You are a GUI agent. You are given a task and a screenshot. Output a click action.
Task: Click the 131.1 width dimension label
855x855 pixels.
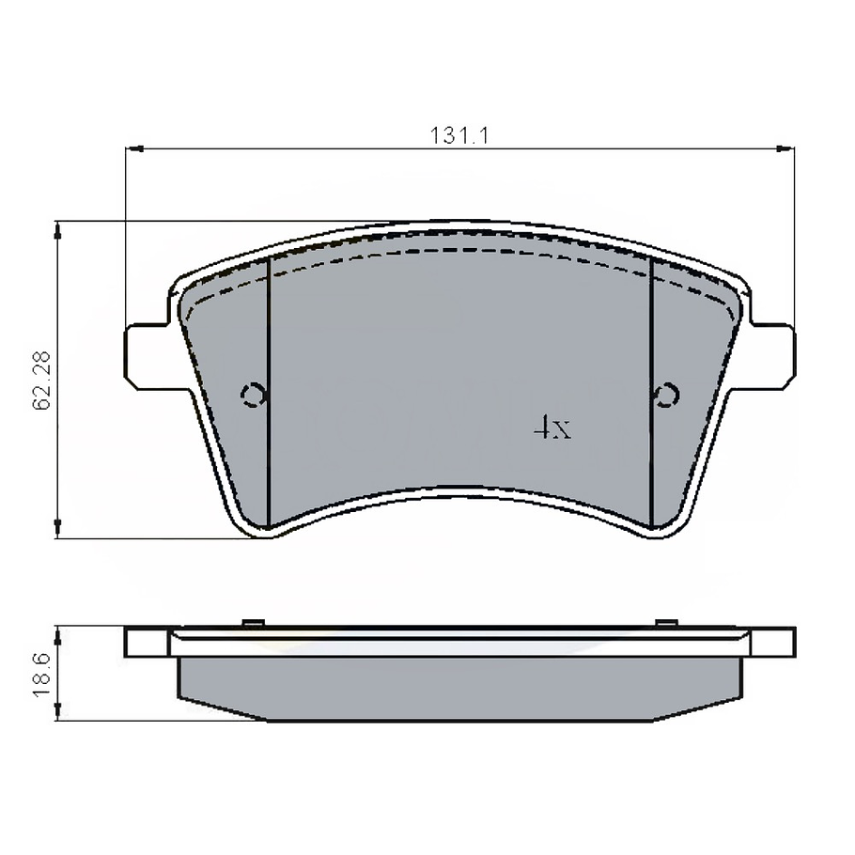tap(459, 135)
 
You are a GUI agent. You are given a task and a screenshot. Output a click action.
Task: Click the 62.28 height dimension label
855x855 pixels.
tap(41, 381)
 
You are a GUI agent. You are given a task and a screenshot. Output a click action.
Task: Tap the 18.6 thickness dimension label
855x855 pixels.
tap(41, 675)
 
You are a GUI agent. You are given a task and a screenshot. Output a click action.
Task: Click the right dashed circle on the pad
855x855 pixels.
tap(666, 395)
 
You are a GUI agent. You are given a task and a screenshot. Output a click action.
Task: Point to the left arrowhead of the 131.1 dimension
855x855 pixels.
tap(134, 148)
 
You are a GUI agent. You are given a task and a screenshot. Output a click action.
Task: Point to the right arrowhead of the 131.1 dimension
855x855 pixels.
tap(785, 148)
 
